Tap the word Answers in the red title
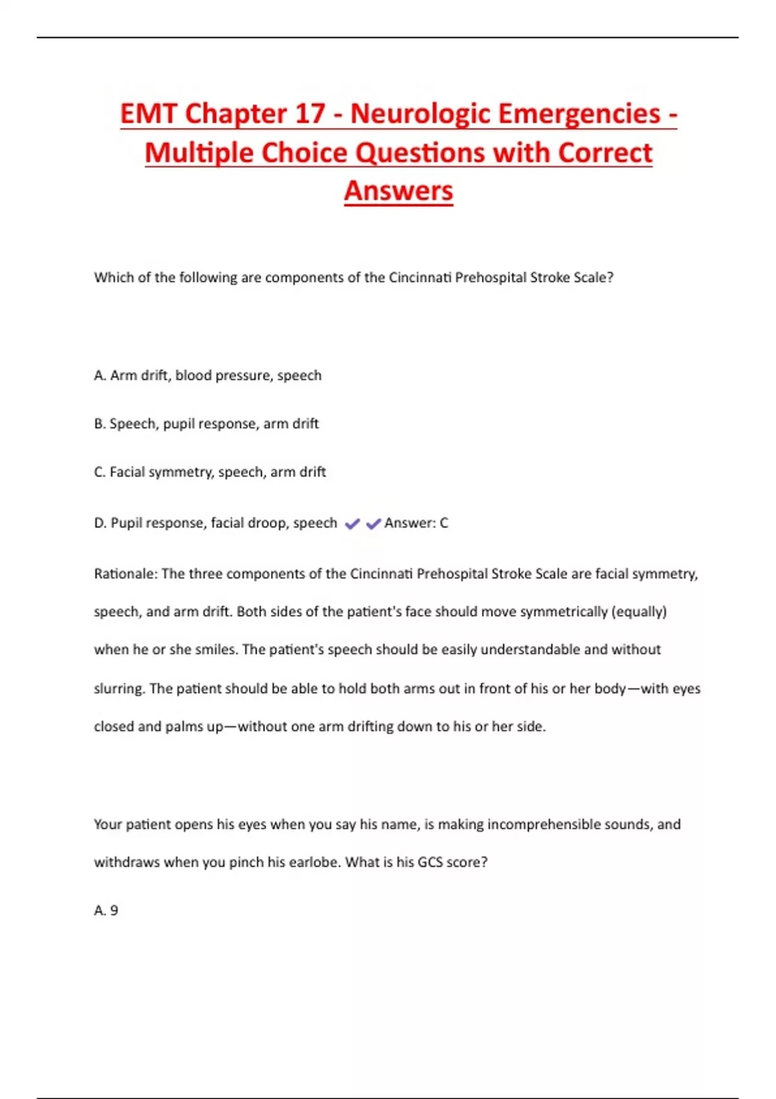(x=398, y=191)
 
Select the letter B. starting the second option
(x=100, y=424)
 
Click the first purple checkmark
(x=352, y=524)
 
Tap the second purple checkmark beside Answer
(x=374, y=524)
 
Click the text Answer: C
(x=416, y=523)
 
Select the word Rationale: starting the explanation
(x=125, y=574)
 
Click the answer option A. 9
(x=106, y=911)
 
